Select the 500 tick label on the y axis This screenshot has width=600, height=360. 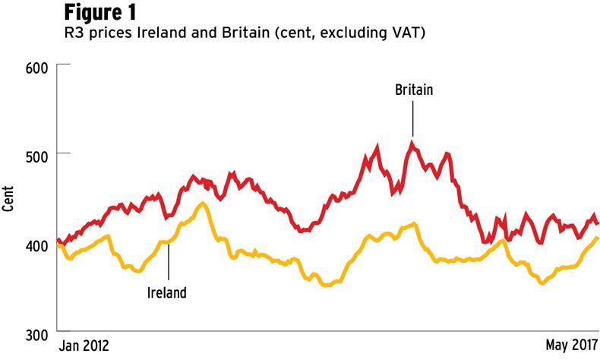click(39, 155)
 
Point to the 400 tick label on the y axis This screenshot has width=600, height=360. click(39, 244)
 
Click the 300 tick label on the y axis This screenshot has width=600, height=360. click(39, 333)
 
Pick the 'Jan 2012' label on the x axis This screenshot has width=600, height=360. click(84, 346)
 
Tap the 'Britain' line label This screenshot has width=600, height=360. click(414, 90)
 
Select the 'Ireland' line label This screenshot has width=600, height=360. click(166, 291)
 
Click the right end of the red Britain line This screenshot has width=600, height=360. click(598, 223)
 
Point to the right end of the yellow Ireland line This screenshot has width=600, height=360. click(598, 238)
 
